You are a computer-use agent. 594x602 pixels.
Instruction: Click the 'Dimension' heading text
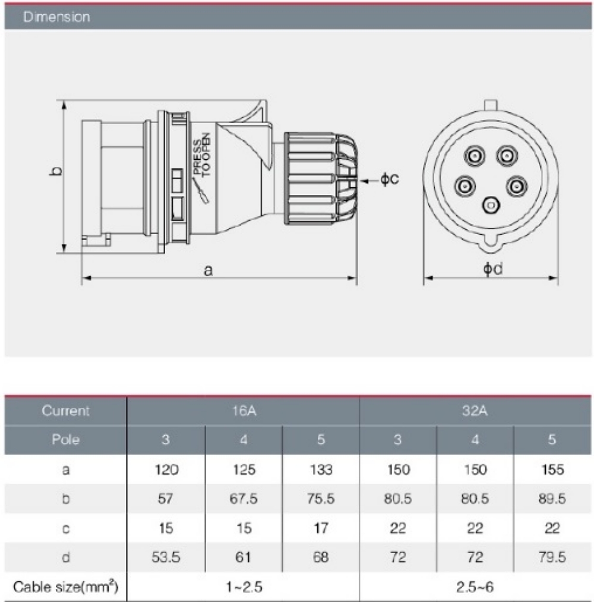tap(56, 17)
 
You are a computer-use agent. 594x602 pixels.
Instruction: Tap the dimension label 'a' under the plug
tap(208, 270)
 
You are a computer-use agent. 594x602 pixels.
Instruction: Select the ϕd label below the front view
tap(492, 269)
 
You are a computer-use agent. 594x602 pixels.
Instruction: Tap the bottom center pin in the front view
tap(491, 205)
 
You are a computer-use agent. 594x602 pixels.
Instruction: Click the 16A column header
tap(243, 411)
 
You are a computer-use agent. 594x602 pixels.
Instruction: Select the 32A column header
tap(476, 411)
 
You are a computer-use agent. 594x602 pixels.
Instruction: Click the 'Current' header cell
tap(66, 411)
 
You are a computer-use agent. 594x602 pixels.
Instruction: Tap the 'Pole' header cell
tap(66, 440)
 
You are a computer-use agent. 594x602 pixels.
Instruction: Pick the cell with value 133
tap(321, 470)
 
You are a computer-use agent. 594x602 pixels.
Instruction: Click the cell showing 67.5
tap(244, 499)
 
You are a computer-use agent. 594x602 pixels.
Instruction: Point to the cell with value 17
tap(321, 528)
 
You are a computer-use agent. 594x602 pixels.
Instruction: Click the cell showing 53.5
tap(166, 557)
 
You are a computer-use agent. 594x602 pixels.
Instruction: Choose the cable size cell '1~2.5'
tap(243, 587)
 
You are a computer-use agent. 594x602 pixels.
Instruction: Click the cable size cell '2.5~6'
tap(476, 587)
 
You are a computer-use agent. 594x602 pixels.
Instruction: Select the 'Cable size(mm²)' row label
tap(66, 587)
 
